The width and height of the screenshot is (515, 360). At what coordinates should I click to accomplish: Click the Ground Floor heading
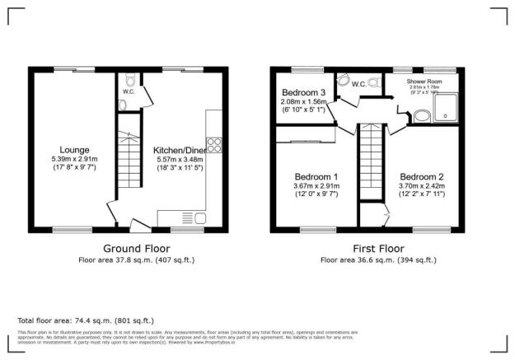(137, 248)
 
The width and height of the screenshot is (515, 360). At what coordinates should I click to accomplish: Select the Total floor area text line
(85, 320)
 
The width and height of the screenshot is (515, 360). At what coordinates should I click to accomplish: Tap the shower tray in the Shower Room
(447, 105)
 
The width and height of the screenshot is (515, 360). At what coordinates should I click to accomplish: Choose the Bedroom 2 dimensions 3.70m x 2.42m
(422, 187)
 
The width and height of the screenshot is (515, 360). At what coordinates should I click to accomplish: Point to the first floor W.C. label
(358, 84)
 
